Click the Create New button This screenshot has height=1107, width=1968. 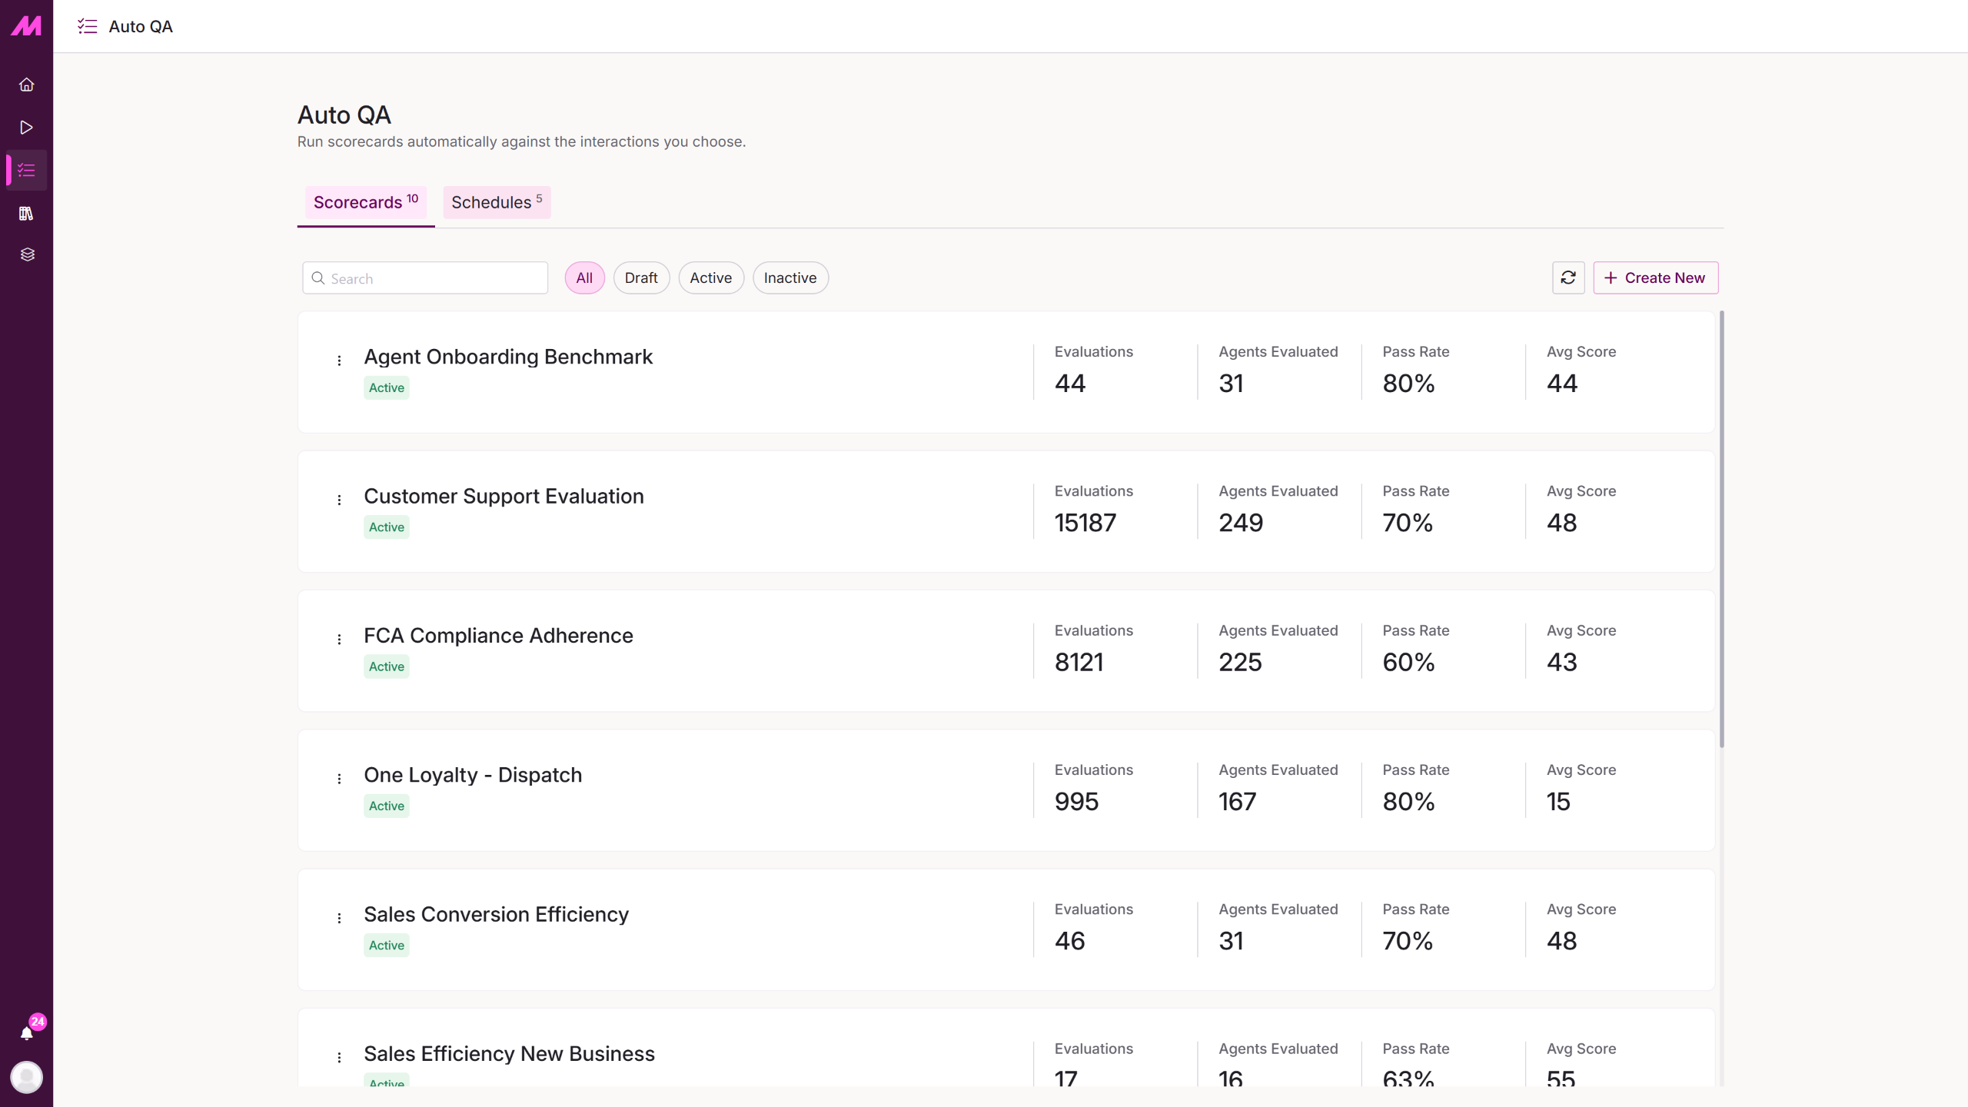tap(1655, 278)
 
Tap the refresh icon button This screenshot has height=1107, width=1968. tap(1568, 278)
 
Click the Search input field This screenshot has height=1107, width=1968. tap(425, 278)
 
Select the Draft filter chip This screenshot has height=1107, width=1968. tap(641, 278)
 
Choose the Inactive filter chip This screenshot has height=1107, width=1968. tap(790, 278)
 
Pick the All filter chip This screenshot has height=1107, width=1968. tap(584, 278)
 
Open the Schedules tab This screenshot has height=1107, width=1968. tap(497, 202)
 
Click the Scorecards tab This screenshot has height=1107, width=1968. tap(366, 202)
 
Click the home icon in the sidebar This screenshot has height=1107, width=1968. tap(27, 85)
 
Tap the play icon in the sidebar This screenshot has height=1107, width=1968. tap(27, 128)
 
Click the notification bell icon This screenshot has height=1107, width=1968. tap(27, 1033)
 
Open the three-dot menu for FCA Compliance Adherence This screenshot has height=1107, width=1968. tap(339, 639)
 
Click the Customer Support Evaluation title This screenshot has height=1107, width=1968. tap(504, 496)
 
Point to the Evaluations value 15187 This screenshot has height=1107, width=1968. tap(1085, 523)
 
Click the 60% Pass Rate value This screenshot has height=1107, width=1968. tap(1408, 662)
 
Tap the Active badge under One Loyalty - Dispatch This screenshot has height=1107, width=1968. tap(387, 806)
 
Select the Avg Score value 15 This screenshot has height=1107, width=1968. tap(1558, 801)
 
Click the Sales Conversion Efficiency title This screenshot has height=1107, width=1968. tap(496, 914)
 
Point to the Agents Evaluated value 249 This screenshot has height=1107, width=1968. tap(1241, 523)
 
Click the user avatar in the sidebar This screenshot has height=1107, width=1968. tap(27, 1077)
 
